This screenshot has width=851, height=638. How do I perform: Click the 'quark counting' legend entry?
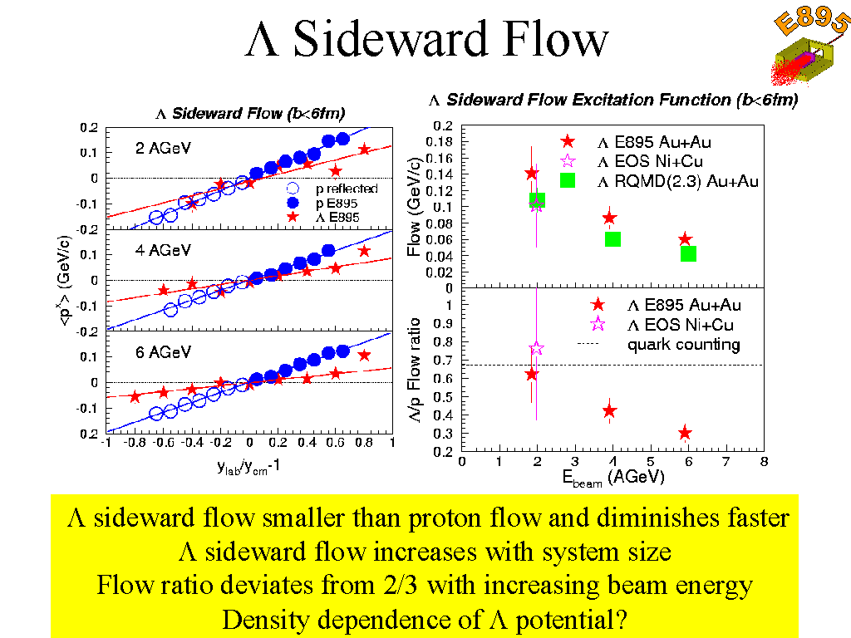[x=683, y=344]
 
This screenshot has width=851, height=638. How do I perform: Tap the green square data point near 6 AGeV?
[x=688, y=253]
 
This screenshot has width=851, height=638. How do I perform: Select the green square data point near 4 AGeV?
[x=612, y=239]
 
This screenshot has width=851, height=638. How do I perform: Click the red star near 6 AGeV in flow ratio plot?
[x=685, y=433]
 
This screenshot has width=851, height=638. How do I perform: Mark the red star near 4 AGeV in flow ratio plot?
[x=609, y=410]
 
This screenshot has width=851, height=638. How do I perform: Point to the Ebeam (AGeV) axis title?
[x=612, y=477]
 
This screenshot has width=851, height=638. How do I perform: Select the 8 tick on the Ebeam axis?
[x=762, y=462]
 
